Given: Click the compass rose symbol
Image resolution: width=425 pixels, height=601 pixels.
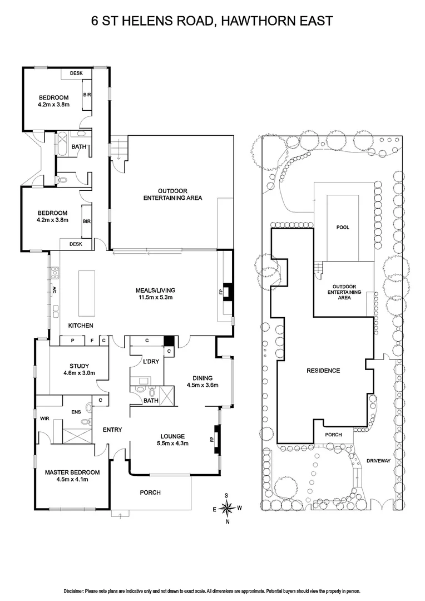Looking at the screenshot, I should (227, 507).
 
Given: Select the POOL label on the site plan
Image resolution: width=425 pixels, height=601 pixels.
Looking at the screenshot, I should (343, 228).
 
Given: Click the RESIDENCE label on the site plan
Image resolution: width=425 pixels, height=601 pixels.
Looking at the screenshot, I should (323, 371).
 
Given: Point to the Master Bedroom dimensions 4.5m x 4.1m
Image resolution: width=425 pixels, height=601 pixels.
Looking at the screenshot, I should (72, 480).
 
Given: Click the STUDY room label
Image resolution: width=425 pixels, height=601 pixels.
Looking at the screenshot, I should (72, 366).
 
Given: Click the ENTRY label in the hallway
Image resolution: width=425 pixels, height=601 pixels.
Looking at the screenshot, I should (112, 430).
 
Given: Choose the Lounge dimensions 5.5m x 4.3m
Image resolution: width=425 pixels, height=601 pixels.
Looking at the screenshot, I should (172, 444).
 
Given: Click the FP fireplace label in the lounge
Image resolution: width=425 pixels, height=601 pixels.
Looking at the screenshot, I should (212, 439).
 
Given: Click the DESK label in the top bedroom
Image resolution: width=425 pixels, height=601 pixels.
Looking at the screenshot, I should (76, 73).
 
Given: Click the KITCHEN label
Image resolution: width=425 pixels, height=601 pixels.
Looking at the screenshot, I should (81, 326).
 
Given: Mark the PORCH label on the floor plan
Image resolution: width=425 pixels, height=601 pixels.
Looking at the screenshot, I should (150, 492).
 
